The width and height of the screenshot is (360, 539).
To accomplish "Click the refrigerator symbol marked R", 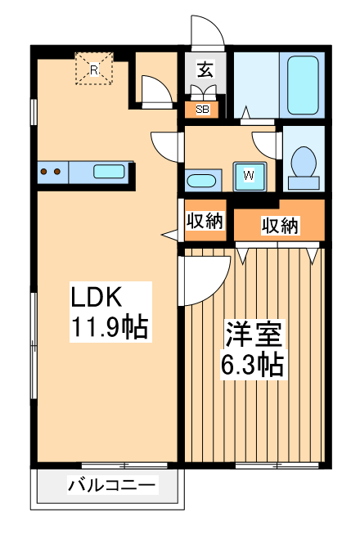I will (93, 70).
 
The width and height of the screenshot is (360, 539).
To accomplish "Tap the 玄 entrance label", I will (205, 70).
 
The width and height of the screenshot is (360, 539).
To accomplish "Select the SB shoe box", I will (201, 107).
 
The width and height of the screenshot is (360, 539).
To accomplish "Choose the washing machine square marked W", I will (249, 173).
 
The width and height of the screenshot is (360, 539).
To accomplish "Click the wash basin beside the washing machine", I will (201, 181).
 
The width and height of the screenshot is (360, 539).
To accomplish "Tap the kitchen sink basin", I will (109, 172).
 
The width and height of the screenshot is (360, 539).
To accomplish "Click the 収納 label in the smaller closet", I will (204, 220).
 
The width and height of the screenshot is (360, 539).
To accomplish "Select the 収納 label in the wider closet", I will (280, 225).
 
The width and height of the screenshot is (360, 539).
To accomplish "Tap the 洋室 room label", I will (254, 335).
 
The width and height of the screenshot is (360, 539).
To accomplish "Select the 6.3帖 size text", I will (254, 364).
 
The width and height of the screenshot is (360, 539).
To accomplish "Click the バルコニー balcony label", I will (110, 486).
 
